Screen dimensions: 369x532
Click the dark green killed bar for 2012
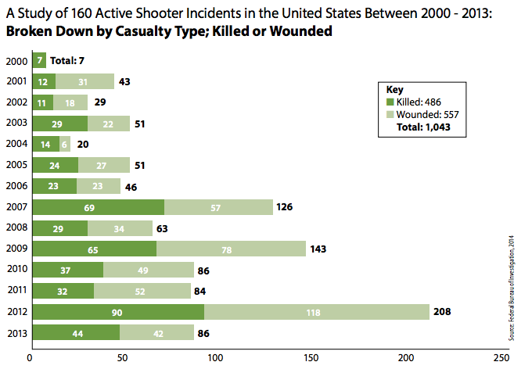[117, 311]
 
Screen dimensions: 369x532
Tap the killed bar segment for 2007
[98, 208]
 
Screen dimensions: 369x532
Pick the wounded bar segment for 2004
[63, 143]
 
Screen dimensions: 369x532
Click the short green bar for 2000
[38, 60]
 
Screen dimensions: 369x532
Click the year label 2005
[16, 164]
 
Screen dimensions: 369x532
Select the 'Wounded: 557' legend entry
[422, 113]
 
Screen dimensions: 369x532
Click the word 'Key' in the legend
[394, 88]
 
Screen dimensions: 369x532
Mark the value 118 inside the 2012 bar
[317, 311]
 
